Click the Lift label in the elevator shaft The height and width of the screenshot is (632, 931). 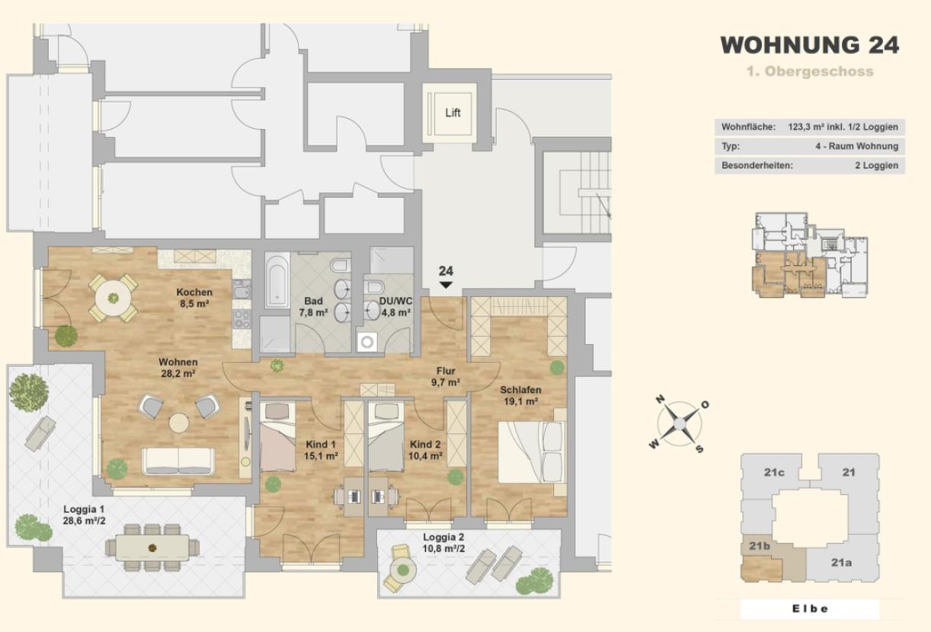(x=453, y=113)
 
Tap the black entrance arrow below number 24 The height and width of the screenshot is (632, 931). (x=446, y=285)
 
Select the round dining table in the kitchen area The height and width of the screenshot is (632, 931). (x=113, y=298)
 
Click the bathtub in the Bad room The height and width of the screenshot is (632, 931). (x=277, y=281)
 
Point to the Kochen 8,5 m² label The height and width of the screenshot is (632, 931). (x=194, y=298)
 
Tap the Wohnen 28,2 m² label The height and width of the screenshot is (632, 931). (x=178, y=368)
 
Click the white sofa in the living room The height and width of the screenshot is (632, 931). (x=178, y=461)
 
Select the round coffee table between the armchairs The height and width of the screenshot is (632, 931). (x=179, y=423)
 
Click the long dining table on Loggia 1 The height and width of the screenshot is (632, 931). (x=152, y=548)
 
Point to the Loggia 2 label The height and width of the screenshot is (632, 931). (x=443, y=537)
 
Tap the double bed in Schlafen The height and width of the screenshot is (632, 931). (x=532, y=452)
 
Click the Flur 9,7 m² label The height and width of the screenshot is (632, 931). (x=446, y=376)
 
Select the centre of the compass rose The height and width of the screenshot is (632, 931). (x=679, y=424)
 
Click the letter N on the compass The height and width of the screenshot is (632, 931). (x=660, y=400)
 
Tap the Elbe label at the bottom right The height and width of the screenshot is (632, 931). (x=810, y=608)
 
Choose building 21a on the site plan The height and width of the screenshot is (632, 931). (x=841, y=563)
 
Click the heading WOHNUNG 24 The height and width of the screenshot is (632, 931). (x=810, y=45)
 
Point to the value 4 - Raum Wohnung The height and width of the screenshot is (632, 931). (x=856, y=146)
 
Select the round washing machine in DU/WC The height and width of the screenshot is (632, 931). (x=367, y=342)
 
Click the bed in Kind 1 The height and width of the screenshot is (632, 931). (x=277, y=436)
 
